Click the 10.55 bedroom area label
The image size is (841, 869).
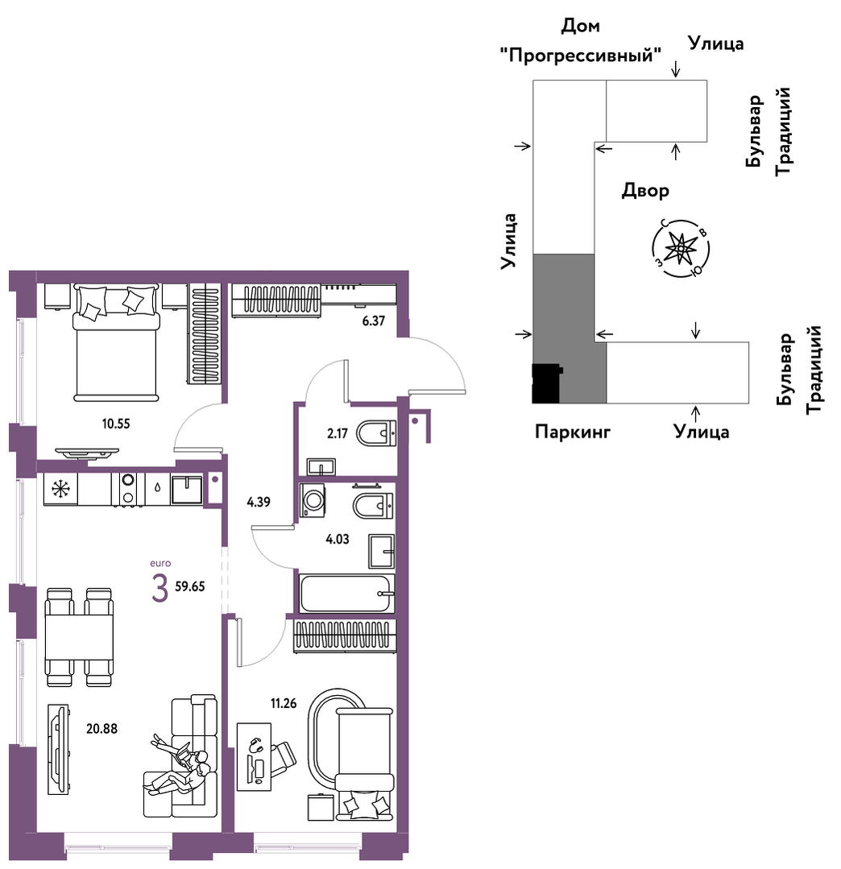tap(116, 424)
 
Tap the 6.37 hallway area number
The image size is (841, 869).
tap(373, 321)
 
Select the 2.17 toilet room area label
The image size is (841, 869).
tap(337, 432)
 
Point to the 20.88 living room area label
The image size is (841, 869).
tap(102, 729)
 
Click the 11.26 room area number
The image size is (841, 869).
tap(284, 704)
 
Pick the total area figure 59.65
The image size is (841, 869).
tap(190, 586)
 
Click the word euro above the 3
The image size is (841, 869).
tap(160, 563)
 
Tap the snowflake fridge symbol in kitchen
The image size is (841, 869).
tap(60, 490)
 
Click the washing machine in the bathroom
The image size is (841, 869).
tap(312, 500)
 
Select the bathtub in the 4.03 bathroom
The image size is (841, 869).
tap(347, 593)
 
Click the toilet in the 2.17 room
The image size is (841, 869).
tap(376, 433)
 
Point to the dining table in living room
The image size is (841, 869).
tap(79, 637)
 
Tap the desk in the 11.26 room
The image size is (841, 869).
tap(254, 756)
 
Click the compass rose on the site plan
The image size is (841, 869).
tap(680, 248)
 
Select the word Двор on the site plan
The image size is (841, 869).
tap(645, 191)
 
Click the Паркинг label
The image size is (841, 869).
tap(572, 431)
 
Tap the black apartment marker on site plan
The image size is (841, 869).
tap(547, 383)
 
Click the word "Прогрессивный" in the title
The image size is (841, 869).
tap(581, 55)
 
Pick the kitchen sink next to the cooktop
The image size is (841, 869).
tap(187, 490)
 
